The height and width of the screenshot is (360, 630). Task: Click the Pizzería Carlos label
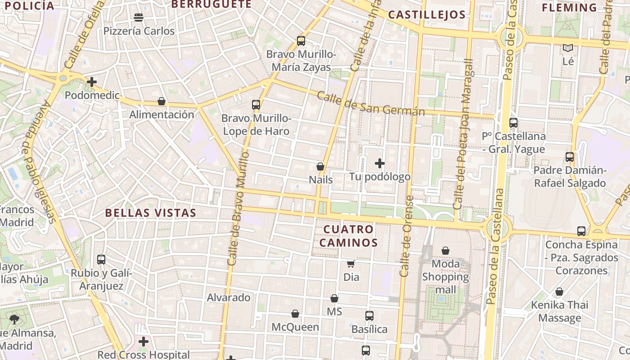139,31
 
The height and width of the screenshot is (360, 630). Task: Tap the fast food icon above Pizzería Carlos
139,18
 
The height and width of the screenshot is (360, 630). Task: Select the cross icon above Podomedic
92,82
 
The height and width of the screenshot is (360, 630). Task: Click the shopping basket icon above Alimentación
162,102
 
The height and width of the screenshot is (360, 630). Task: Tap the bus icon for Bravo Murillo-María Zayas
301,41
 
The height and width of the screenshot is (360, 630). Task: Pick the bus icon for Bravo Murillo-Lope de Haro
256,105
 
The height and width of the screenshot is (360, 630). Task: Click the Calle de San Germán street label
371,103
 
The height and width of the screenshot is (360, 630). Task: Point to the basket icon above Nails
320,166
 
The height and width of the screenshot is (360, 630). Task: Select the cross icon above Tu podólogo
380,163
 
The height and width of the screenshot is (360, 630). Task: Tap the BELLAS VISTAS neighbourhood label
151,213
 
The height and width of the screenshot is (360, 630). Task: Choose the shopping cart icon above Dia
351,264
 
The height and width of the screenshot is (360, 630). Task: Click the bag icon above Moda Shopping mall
445,251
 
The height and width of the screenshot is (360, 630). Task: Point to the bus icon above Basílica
369,316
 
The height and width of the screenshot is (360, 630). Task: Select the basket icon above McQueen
295,314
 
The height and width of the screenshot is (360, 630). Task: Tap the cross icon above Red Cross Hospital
144,342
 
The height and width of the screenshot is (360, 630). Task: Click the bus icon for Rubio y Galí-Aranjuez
101,260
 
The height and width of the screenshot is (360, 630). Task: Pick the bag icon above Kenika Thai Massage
559,292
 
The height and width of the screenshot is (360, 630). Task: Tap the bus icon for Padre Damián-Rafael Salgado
570,157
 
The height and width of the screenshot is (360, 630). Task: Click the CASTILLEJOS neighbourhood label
427,15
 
